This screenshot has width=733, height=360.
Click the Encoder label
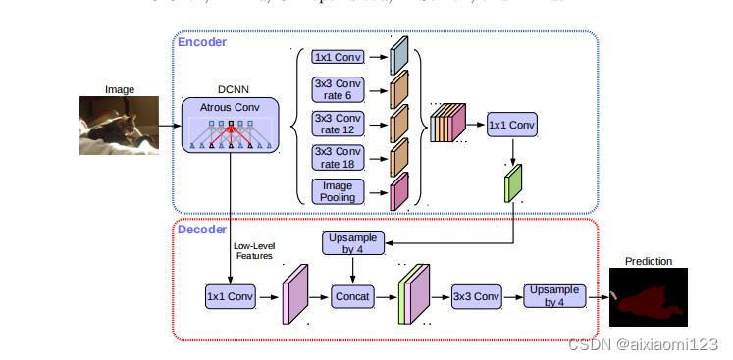click(x=202, y=42)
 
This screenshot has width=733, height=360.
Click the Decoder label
click(x=202, y=229)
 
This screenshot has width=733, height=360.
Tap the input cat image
click(x=120, y=125)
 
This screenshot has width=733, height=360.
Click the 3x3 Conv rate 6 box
click(x=337, y=90)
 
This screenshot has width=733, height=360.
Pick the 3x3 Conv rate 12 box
click(x=337, y=124)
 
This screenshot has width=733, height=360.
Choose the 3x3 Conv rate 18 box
click(x=337, y=157)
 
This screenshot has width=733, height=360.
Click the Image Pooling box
click(x=337, y=190)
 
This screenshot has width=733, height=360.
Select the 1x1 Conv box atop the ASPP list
click(x=337, y=57)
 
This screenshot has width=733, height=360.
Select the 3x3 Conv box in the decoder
click(x=476, y=295)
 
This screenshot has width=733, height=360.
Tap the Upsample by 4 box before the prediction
click(x=555, y=295)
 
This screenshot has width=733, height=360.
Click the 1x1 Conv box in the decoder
click(x=231, y=295)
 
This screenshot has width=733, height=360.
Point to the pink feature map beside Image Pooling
click(x=398, y=191)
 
